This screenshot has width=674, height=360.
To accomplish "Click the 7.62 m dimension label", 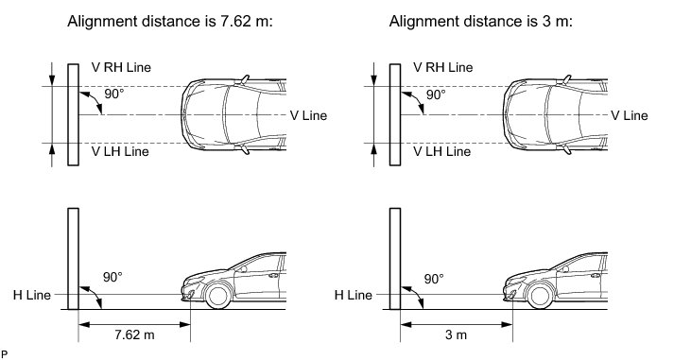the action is point(134,334).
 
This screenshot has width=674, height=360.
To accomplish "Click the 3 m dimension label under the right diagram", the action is point(456,334).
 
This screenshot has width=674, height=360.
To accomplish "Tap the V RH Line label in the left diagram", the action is point(121,67).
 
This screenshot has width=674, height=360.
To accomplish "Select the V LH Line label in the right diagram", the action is point(441,151).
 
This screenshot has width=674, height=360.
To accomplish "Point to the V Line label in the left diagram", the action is point(308,115).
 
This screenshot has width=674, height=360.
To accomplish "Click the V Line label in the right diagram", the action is point(630,115).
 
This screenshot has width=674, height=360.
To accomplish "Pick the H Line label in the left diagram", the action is point(32,295).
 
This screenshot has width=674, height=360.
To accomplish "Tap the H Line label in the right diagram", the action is point(354,295).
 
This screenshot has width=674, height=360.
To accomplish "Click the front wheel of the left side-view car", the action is point(218,296).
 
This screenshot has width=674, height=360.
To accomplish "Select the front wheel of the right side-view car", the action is point(540,296).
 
